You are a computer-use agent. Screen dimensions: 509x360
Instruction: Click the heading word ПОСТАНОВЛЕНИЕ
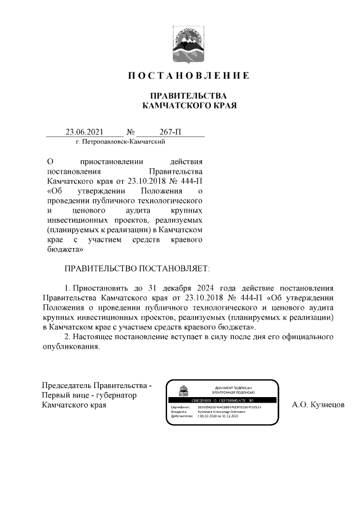coord(188,76)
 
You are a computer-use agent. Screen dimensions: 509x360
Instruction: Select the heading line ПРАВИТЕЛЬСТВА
coord(188,96)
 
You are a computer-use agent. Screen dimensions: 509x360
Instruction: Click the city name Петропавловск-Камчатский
coord(120,142)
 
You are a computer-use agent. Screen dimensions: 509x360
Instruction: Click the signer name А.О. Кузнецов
coord(318,404)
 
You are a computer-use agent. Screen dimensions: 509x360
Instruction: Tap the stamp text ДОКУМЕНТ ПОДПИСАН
coord(233,388)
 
